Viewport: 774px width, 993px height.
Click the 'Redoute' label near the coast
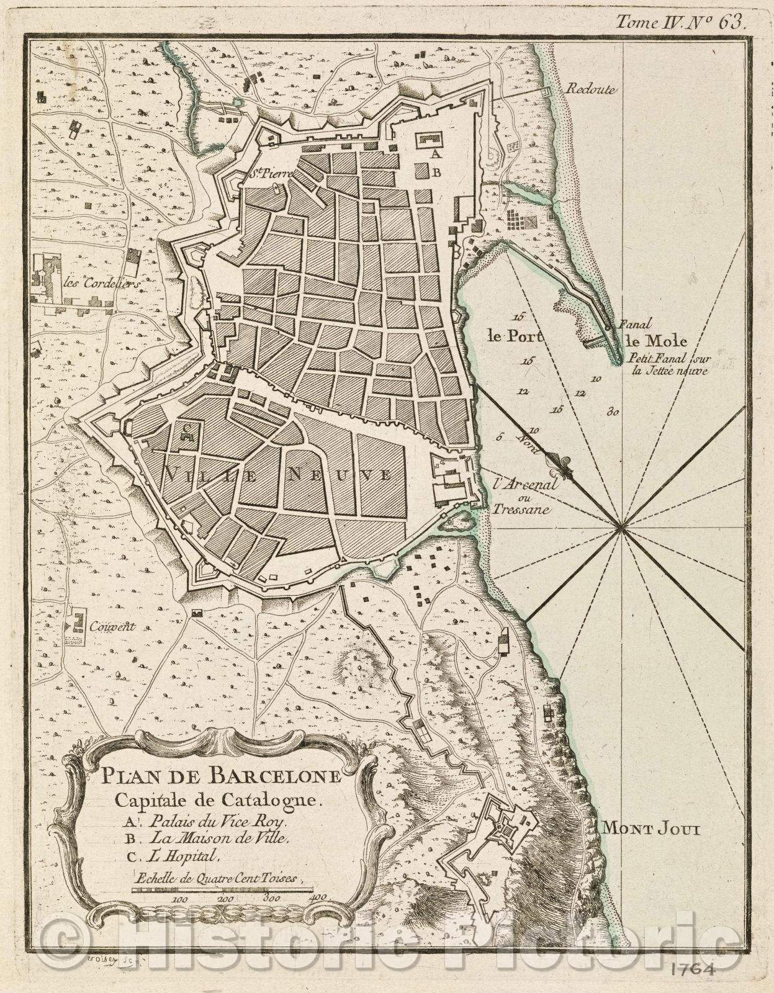pyautogui.click(x=590, y=89)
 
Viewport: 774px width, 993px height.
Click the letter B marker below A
pyautogui.click(x=437, y=174)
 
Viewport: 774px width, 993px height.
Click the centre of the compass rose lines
pyautogui.click(x=619, y=528)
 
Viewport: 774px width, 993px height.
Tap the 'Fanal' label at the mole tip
pyautogui.click(x=633, y=324)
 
